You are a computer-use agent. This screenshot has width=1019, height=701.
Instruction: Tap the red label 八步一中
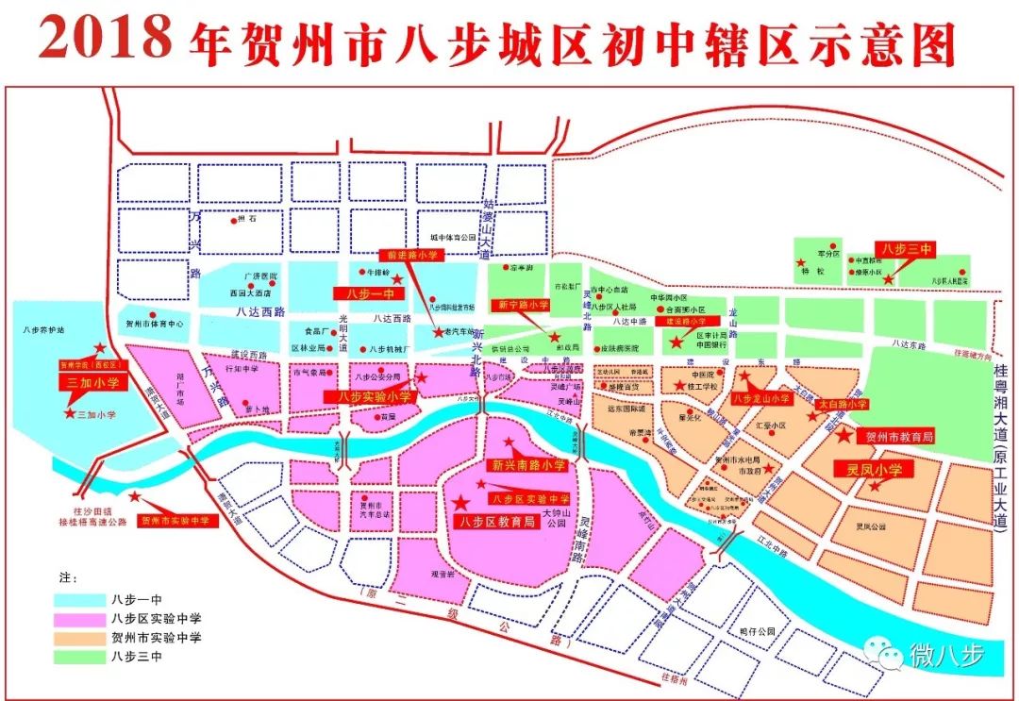click(x=361, y=293)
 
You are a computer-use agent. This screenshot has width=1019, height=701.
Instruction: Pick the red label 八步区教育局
click(x=493, y=522)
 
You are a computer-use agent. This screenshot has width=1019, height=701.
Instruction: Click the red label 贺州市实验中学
click(x=177, y=520)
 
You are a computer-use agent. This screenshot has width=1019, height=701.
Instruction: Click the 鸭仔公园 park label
click(x=757, y=631)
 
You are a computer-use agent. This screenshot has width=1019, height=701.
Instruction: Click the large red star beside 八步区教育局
click(x=461, y=502)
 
